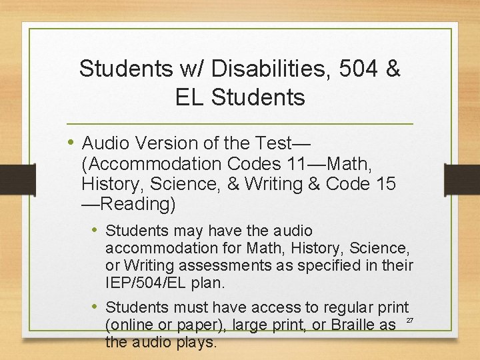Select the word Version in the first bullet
point(171,143)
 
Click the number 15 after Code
point(382,183)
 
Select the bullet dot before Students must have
point(96,307)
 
